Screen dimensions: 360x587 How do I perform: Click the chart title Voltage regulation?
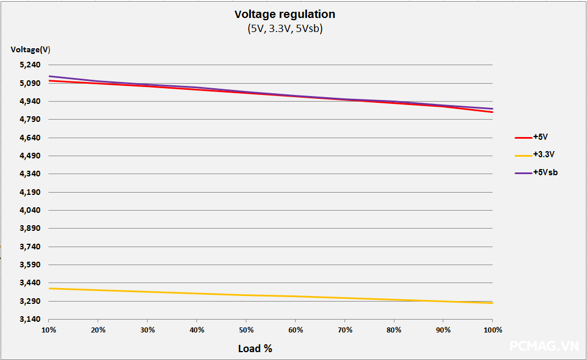(x=285, y=14)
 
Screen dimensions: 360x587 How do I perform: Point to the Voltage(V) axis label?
(x=30, y=49)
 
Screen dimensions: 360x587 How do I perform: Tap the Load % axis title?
(x=255, y=349)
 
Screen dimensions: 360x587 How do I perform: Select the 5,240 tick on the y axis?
(x=30, y=65)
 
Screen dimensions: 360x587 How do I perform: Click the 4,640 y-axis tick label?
(x=30, y=138)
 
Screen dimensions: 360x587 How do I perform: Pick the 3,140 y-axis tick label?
(x=30, y=320)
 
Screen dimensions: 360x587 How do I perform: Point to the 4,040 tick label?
(x=30, y=211)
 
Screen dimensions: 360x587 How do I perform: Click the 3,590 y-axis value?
(x=30, y=265)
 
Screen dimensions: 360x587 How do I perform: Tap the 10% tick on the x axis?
(x=49, y=330)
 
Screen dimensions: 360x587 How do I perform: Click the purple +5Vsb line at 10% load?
(x=50, y=76)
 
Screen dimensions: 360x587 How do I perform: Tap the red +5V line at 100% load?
(x=492, y=112)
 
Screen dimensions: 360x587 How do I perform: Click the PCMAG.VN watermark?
(x=544, y=346)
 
